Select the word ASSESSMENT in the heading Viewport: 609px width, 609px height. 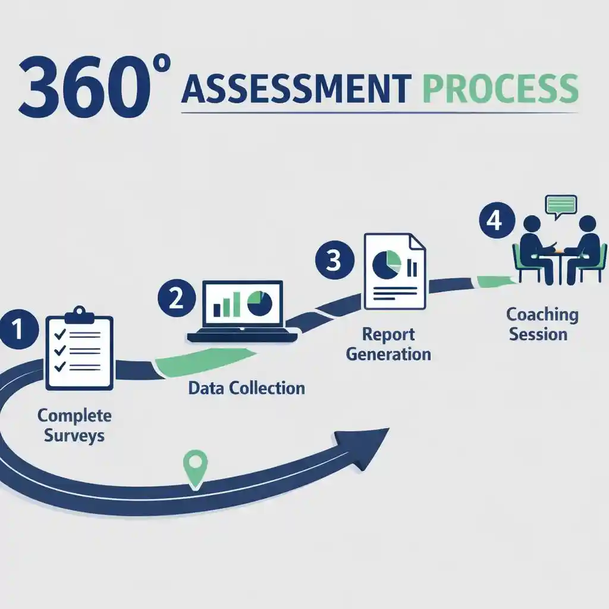pos(296,89)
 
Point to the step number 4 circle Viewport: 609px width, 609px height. pos(495,221)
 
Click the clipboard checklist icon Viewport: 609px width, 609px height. pos(79,349)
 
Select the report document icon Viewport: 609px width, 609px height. pos(394,271)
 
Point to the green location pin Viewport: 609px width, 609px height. pos(196,467)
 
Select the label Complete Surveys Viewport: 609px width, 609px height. pos(74,425)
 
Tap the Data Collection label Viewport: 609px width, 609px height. pos(246,388)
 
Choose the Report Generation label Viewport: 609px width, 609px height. pos(388,344)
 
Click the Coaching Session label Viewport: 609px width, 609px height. pos(542,324)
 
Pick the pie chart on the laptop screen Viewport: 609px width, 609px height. pos(260,303)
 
